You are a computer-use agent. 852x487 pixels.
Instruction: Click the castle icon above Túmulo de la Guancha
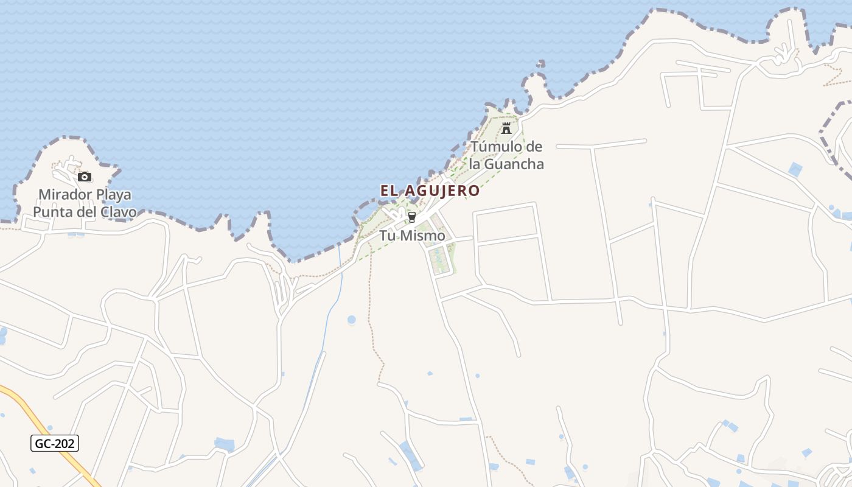(506, 128)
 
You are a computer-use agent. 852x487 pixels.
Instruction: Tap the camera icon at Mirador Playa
(85, 177)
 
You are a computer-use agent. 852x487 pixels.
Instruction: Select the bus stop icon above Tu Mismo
(412, 217)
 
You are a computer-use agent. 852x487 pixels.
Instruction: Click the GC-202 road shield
(55, 443)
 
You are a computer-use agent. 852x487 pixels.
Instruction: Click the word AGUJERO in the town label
(442, 191)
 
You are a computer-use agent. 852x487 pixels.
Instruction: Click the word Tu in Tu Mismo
(388, 235)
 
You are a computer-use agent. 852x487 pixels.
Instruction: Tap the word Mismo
(423, 235)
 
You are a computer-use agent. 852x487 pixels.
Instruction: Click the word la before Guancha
(475, 164)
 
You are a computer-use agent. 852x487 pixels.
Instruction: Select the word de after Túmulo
(534, 147)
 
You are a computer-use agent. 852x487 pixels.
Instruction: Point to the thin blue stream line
(330, 310)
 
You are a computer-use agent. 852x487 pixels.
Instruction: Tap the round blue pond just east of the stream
(352, 319)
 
